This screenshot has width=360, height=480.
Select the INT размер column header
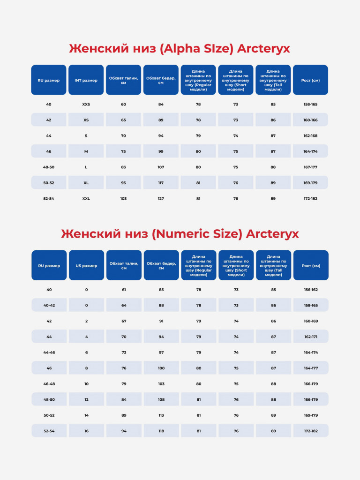coord(86,80)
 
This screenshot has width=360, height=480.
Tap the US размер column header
coord(86,265)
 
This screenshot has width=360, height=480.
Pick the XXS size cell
coord(86,105)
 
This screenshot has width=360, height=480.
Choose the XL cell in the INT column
coord(86,183)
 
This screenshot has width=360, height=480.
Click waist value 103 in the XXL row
coord(123,199)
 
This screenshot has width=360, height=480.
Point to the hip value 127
coord(161,199)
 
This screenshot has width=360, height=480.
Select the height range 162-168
coord(310,135)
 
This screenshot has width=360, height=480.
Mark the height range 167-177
coord(310,167)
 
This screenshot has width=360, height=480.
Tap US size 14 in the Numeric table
coord(86,415)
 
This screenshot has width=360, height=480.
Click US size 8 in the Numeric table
coord(86,368)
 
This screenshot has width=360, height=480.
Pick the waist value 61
coord(124,290)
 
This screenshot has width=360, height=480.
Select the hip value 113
coord(161,415)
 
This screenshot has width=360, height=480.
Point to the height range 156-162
coord(311,290)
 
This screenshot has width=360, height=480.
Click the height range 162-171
coord(311,337)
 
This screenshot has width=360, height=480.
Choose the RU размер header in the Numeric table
coord(49,265)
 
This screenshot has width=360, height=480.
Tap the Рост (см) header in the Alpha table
coord(310,80)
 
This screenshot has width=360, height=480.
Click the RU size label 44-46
coord(49,352)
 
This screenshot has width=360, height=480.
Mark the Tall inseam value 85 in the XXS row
coord(273,105)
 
